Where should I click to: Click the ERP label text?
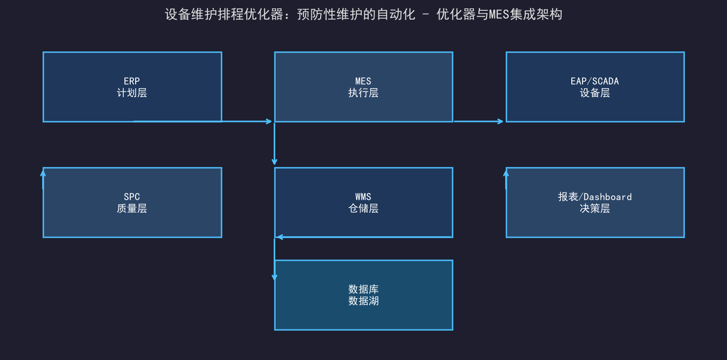(132, 81)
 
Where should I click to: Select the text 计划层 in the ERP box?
(132, 93)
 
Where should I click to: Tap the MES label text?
(363, 81)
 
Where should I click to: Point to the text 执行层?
(363, 93)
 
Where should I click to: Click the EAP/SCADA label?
(595, 81)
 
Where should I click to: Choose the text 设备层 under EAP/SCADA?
(595, 93)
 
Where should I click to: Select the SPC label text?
(132, 197)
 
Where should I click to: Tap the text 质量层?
(132, 208)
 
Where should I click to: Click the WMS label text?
(363, 197)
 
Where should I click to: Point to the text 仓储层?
(363, 208)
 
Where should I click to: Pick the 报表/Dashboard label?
(595, 197)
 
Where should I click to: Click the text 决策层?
(595, 208)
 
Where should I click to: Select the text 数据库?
(363, 289)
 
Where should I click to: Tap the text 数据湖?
(363, 301)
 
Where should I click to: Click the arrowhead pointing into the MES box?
(269, 121)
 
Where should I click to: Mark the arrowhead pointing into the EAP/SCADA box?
(500, 121)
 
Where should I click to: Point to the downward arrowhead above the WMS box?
(275, 161)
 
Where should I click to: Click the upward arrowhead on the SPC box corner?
(43, 174)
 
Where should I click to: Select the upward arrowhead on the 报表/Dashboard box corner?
(506, 174)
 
